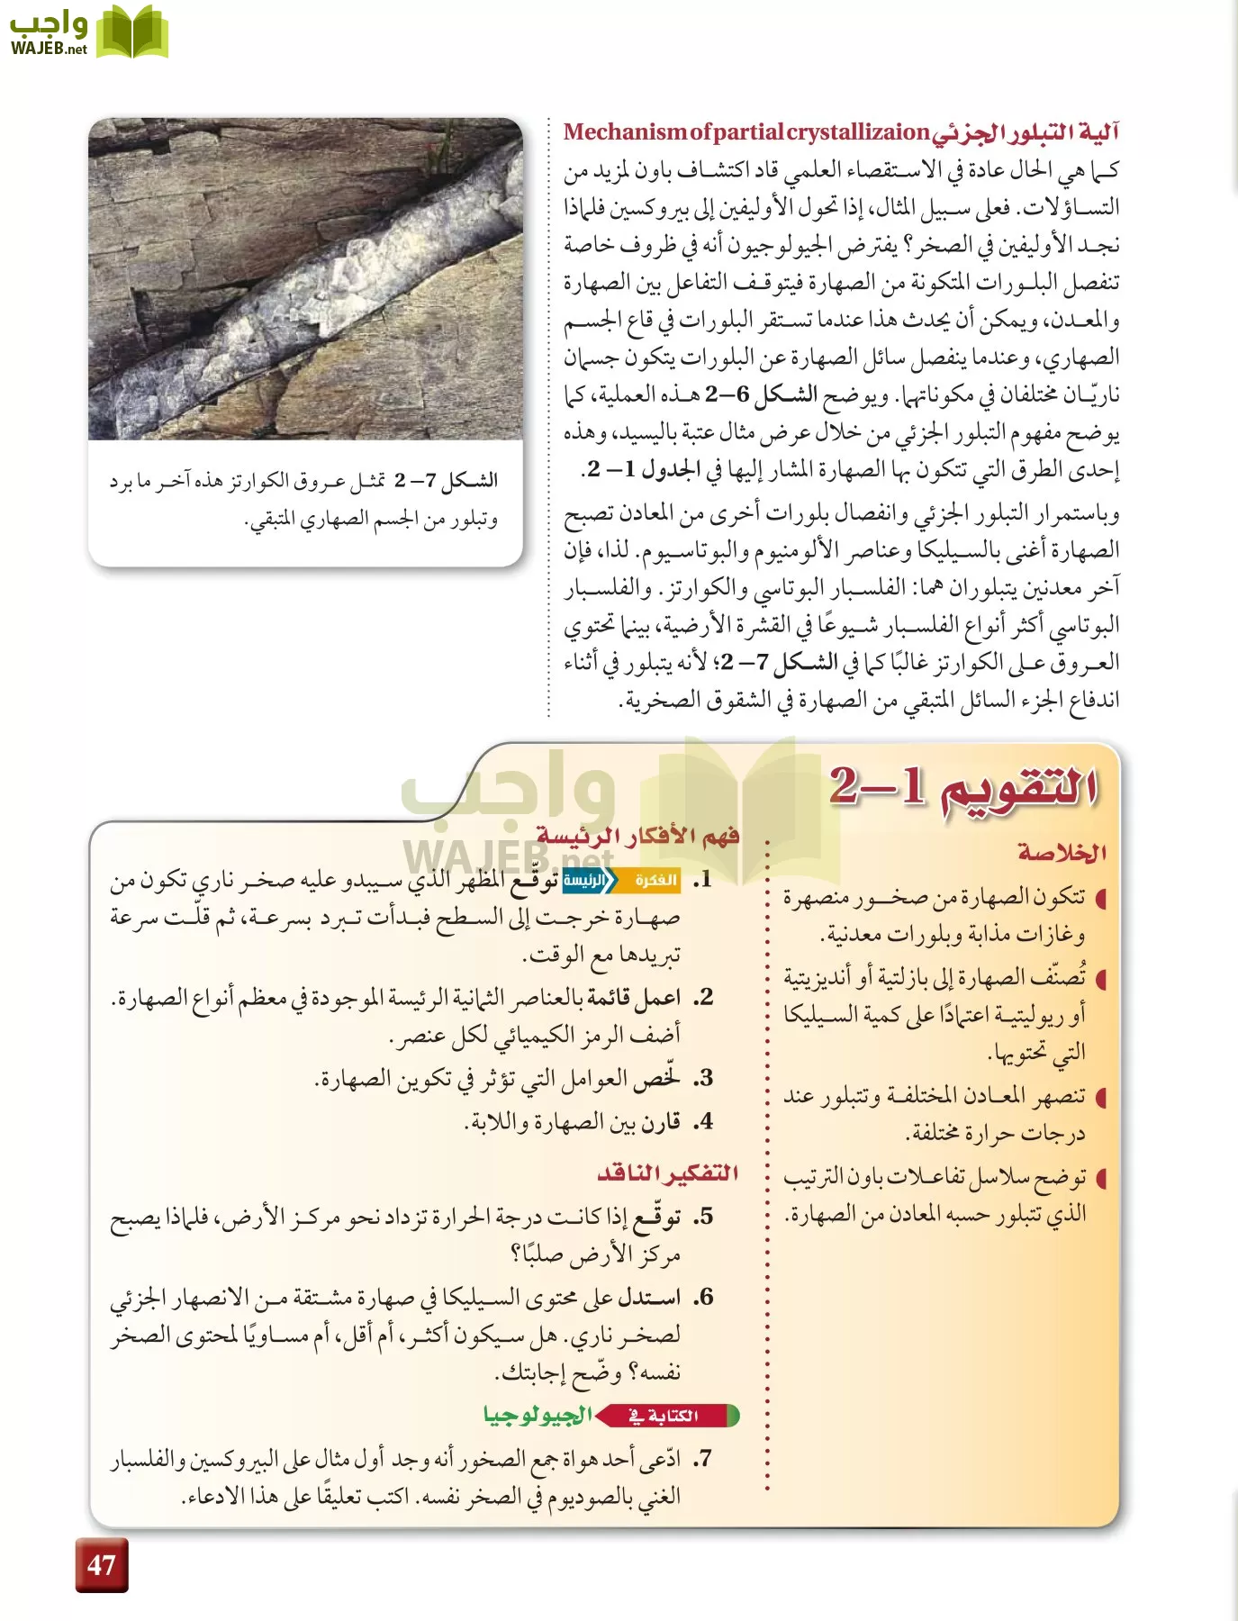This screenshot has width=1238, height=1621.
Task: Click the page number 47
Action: coord(101,1564)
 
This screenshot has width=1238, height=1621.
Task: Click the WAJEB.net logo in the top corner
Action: coord(87,33)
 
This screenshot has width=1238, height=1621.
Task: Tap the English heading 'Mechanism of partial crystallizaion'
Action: coord(746,132)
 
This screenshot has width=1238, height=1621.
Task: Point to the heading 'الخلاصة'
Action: coord(1062,852)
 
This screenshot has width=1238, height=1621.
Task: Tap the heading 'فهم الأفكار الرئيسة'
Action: coord(637,837)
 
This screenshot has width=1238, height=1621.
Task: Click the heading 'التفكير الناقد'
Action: coord(667,1173)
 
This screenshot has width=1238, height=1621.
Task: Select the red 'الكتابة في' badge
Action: coord(671,1416)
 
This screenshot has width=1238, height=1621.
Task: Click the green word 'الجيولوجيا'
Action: coord(538,1416)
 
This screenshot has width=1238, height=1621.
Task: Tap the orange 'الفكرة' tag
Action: coord(655,880)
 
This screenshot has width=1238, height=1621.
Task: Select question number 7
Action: coord(702,1458)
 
